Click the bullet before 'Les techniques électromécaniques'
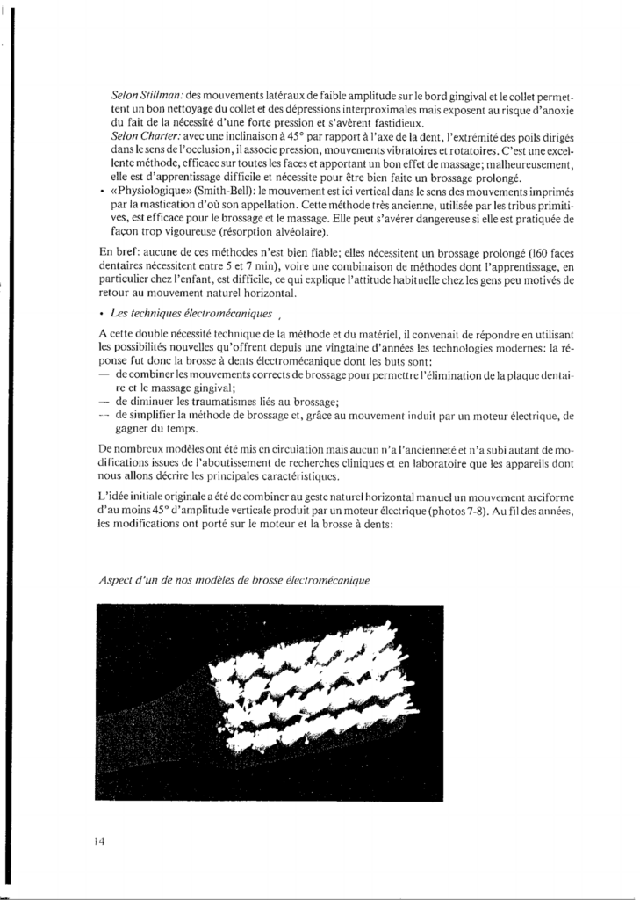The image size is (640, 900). [x=104, y=315]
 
